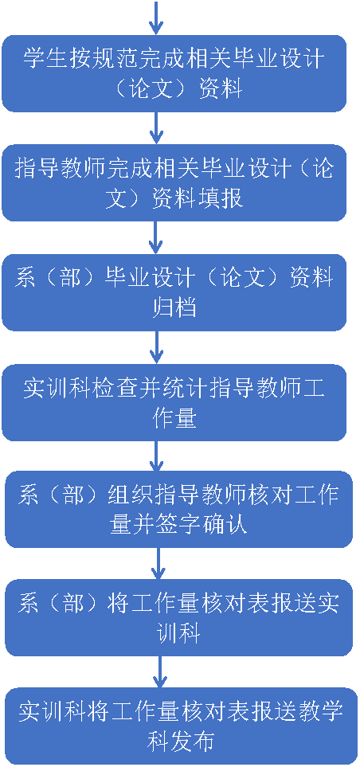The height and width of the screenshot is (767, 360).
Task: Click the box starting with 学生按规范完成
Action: pyautogui.click(x=174, y=73)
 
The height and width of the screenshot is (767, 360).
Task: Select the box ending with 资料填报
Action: pyautogui.click(x=174, y=182)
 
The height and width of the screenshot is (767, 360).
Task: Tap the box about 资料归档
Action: pyautogui.click(x=174, y=292)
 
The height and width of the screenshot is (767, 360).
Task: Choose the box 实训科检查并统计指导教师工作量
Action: pyautogui.click(x=174, y=402)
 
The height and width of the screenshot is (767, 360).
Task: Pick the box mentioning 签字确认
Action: pyautogui.click(x=178, y=509)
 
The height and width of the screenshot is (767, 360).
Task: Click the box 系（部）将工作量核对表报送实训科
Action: pyautogui.click(x=178, y=617)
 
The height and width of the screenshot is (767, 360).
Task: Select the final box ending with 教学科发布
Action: pyautogui.click(x=178, y=726)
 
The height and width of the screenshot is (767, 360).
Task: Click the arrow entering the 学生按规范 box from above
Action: pyautogui.click(x=155, y=18)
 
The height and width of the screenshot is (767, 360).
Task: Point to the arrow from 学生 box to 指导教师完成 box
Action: pyautogui.click(x=155, y=128)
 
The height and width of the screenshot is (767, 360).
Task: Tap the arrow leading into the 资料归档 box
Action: pyautogui.click(x=155, y=237)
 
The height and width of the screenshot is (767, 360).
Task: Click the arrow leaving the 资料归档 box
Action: pyautogui.click(x=155, y=347)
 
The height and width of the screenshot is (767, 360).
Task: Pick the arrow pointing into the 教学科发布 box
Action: pyautogui.click(x=159, y=672)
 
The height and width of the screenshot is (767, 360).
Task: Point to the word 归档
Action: pyautogui.click(x=174, y=308)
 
